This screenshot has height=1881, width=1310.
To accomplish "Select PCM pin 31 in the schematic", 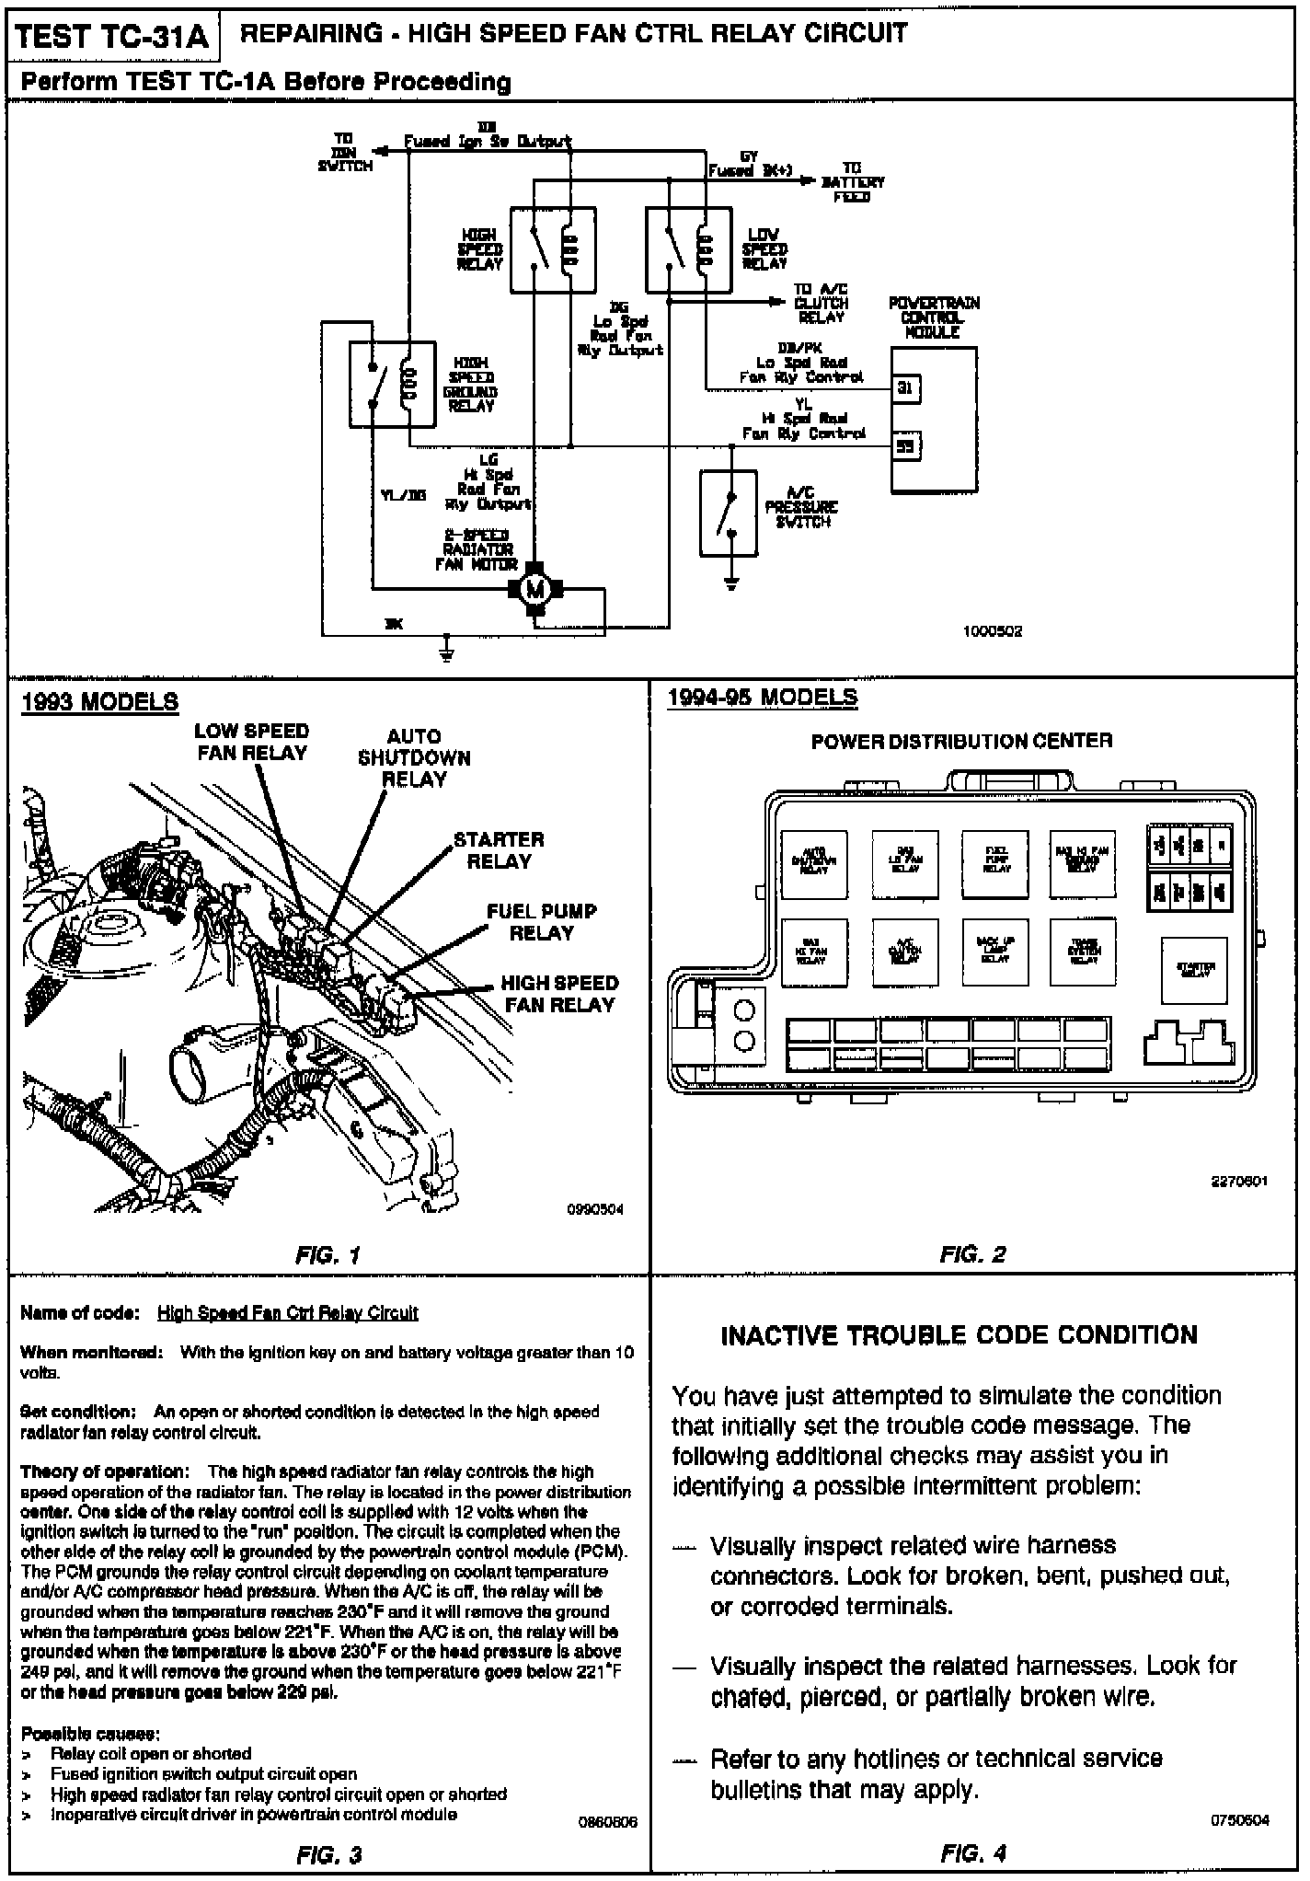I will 905,388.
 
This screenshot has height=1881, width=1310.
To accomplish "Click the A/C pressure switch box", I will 729,514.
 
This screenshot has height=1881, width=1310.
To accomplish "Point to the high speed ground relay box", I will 392,385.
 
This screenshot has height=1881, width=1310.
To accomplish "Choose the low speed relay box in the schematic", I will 689,249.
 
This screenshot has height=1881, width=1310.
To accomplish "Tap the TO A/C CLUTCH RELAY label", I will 821,303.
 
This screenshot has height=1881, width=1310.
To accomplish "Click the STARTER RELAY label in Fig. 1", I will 499,850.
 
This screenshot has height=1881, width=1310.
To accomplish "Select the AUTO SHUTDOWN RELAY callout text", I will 414,757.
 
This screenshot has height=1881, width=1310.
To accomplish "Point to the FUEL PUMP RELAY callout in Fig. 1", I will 541,922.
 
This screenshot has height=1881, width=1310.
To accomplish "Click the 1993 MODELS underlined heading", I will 99,702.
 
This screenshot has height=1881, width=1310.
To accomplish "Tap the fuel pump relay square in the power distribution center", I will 995,863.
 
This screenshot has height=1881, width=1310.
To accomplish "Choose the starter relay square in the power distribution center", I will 1195,969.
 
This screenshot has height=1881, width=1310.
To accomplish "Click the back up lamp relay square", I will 995,951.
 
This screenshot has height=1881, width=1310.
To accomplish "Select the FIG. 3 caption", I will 328,1855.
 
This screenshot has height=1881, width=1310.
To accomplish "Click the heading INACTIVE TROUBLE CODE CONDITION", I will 959,1335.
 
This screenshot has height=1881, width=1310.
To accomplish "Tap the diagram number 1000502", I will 994,632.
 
